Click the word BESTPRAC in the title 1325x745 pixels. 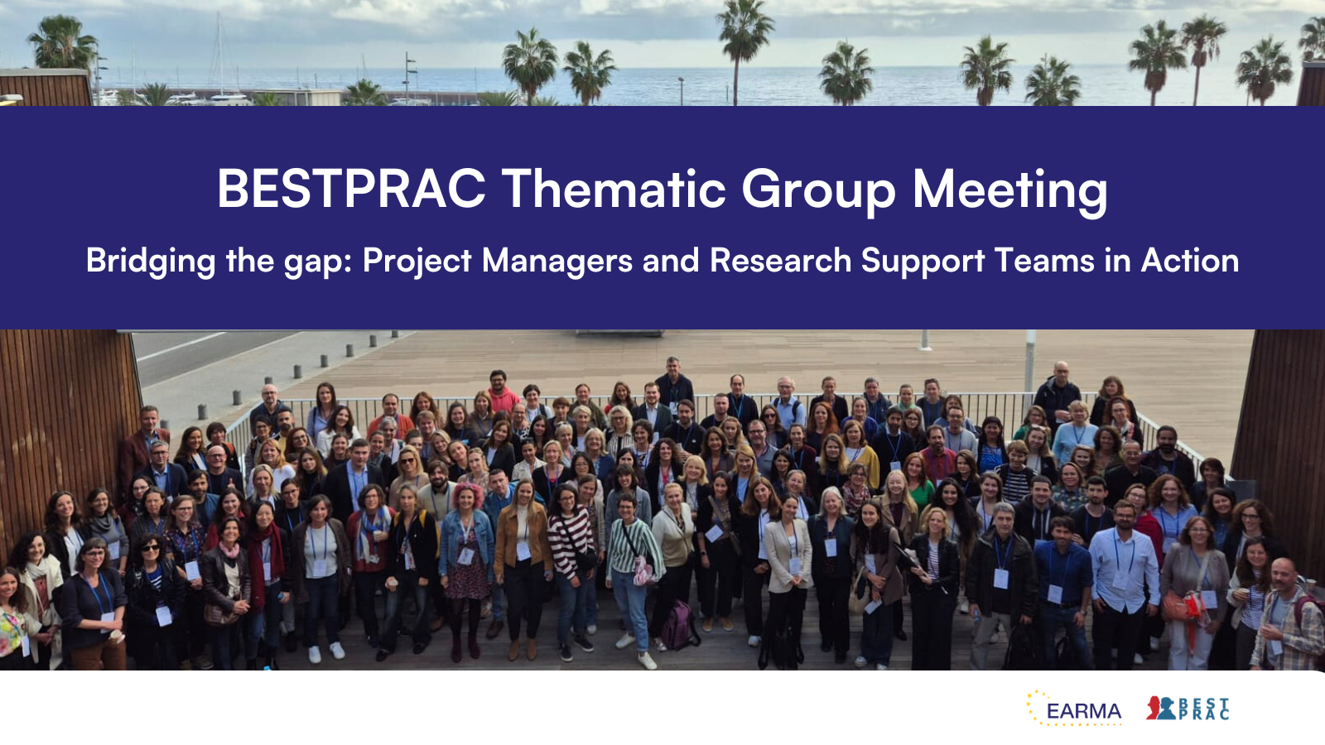tap(351, 190)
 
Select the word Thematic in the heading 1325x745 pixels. tap(614, 190)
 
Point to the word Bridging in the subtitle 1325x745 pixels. tap(151, 262)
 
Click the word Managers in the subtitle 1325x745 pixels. tap(557, 262)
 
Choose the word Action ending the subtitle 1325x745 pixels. tap(1190, 261)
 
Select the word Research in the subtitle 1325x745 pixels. tap(780, 261)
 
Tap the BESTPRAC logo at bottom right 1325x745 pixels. tap(1188, 709)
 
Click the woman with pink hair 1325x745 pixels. tap(466, 546)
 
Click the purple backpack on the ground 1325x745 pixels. tap(678, 626)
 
